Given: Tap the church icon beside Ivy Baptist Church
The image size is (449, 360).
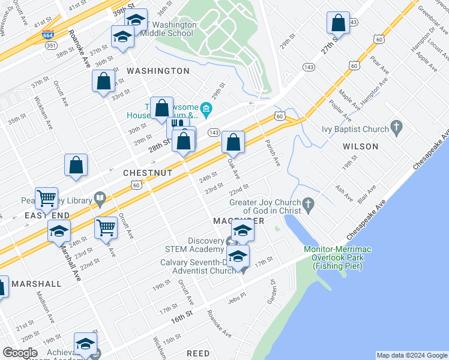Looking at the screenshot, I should (x=396, y=127).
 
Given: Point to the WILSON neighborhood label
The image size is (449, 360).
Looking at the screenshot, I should (x=360, y=146).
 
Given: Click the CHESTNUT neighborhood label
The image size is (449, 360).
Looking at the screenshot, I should (x=148, y=172).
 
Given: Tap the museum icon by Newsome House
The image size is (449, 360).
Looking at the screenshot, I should (x=206, y=109).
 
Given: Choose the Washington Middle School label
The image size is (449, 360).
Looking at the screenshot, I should (x=169, y=29).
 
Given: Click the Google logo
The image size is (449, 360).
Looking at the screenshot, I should (x=20, y=352).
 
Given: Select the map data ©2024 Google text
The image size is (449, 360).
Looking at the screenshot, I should (x=412, y=355).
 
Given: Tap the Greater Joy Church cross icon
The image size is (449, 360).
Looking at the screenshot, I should (x=308, y=205).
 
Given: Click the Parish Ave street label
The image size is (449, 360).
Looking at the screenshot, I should (x=274, y=154).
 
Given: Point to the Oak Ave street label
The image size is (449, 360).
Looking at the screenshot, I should (x=234, y=169).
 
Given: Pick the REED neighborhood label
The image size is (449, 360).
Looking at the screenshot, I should (x=198, y=354).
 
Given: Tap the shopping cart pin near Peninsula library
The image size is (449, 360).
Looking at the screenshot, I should (x=46, y=198).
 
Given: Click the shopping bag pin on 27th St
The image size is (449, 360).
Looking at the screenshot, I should (x=338, y=23).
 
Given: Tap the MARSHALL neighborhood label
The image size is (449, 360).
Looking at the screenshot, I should (x=36, y=284).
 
